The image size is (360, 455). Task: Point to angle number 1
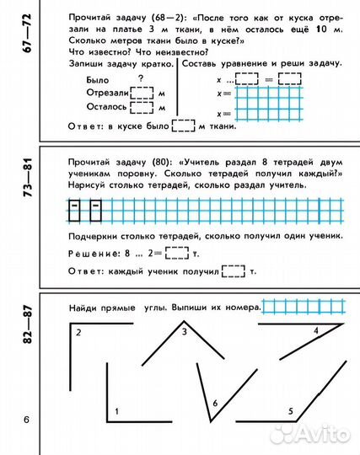[116, 410]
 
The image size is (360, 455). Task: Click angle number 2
[78, 334]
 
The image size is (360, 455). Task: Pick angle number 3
[184, 332]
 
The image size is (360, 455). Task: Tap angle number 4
[315, 331]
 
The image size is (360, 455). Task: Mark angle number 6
[215, 404]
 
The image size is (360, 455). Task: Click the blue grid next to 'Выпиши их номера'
[304, 306]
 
